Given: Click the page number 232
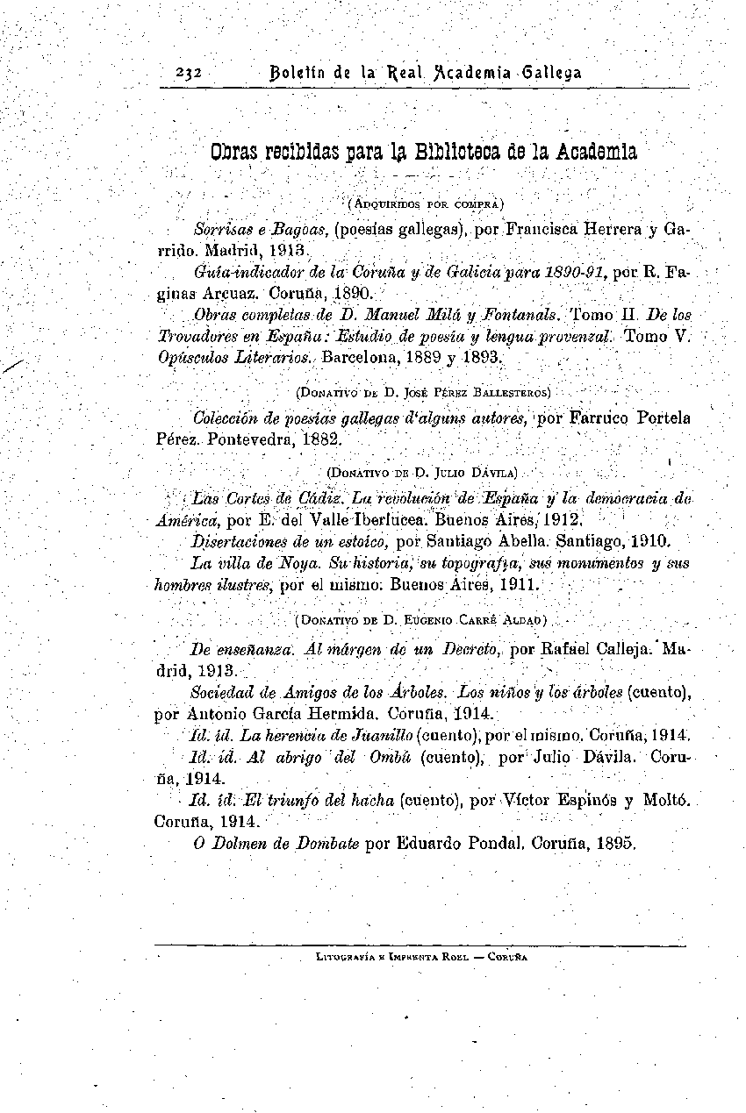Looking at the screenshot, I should click(x=189, y=73).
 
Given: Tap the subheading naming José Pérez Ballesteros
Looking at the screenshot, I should click(x=424, y=391).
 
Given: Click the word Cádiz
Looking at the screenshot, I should click(x=321, y=499).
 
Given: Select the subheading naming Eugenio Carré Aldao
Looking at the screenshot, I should click(x=422, y=620).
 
